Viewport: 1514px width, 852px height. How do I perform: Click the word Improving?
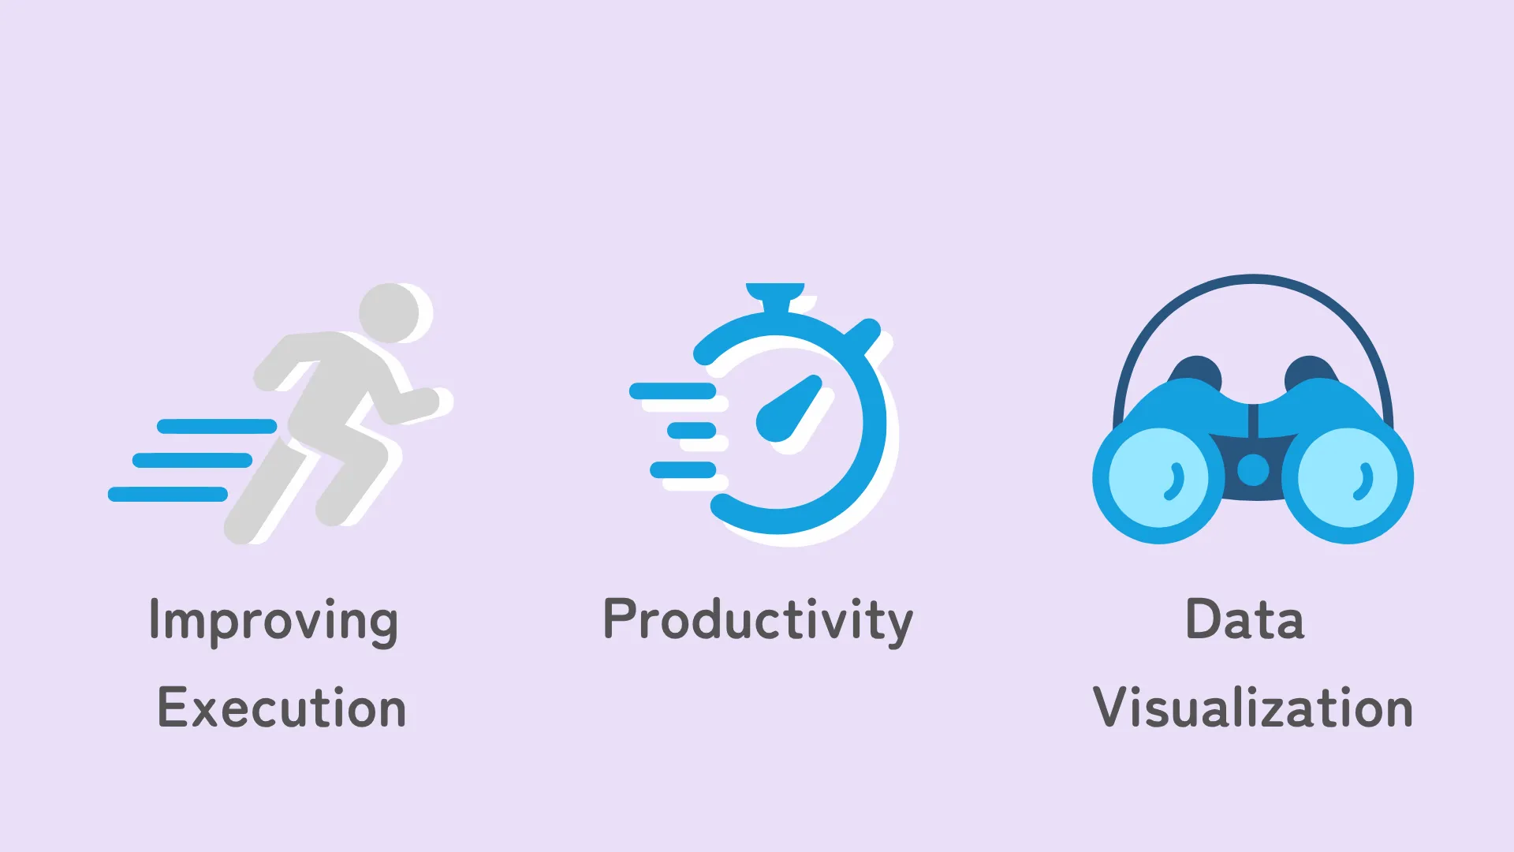[x=274, y=622]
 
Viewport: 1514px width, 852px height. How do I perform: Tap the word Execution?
[x=282, y=707]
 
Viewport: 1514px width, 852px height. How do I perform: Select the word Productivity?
[x=758, y=622]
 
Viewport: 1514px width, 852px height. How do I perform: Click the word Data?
[x=1245, y=619]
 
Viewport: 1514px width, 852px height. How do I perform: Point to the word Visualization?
[x=1253, y=707]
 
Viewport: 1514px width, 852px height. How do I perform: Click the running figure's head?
[x=390, y=313]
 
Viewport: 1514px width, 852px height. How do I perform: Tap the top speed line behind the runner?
[x=217, y=427]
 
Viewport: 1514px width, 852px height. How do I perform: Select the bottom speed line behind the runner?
[x=168, y=495]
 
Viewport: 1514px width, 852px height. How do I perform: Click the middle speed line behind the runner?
[x=192, y=460]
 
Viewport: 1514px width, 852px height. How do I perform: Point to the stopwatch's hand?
[x=789, y=409]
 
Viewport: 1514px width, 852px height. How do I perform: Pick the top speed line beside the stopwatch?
[x=673, y=390]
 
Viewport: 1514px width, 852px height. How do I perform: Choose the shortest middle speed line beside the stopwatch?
[x=692, y=431]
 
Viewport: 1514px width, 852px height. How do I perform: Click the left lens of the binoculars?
[x=1158, y=477]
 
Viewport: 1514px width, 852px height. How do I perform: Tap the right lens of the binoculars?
[x=1348, y=477]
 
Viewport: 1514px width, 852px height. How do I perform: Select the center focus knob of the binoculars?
[x=1253, y=470]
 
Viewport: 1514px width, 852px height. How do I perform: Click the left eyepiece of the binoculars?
[x=1196, y=372]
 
